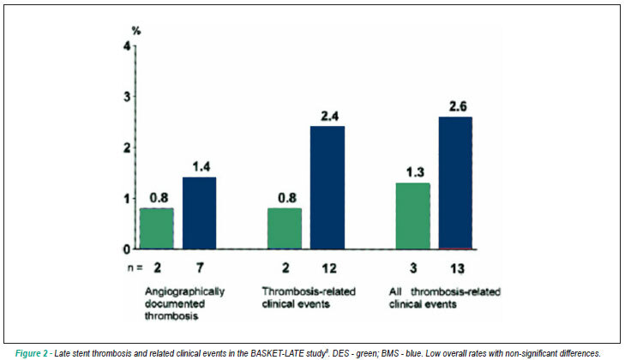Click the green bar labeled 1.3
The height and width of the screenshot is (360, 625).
pos(413,216)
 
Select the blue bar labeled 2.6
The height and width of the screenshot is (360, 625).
pos(455,183)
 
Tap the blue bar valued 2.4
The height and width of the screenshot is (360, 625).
pos(328,188)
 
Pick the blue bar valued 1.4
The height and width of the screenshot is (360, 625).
pos(199,213)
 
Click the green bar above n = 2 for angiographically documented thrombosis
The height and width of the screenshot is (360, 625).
pos(157,229)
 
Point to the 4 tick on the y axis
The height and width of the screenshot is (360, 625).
pos(127,46)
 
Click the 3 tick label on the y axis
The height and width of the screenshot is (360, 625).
pos(127,97)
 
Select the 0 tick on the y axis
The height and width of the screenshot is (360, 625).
pos(127,249)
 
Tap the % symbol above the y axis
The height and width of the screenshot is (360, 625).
pos(136,31)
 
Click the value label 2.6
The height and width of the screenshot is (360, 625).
pos(458,106)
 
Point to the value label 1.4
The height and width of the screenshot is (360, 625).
pos(201,166)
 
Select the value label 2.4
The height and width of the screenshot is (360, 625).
pos(329,116)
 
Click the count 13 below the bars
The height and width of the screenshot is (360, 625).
pos(457,268)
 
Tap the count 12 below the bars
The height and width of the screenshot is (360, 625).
pos(329,268)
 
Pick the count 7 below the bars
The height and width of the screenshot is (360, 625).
pos(200,268)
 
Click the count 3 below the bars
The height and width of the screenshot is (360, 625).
pos(413,268)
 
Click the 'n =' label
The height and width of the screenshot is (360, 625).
pos(135,268)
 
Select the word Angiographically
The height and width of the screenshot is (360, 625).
pos(184,291)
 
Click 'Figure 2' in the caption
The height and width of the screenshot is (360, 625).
pos(32,354)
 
